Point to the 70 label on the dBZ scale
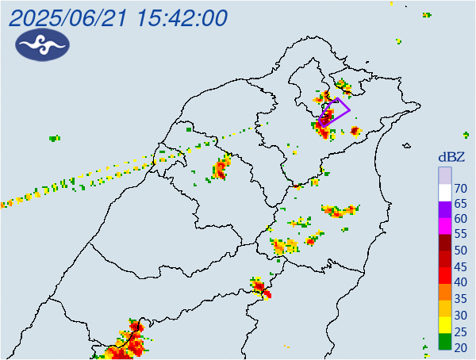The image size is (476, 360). coord(460,188)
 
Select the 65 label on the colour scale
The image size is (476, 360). coord(460,204)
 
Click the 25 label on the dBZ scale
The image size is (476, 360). coord(460,331)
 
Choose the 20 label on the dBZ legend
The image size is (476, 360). coord(460,347)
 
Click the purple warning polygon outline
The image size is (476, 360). coord(344,105)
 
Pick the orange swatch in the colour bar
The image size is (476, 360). coord(445,290)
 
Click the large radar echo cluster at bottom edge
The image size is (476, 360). coord(129,343)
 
